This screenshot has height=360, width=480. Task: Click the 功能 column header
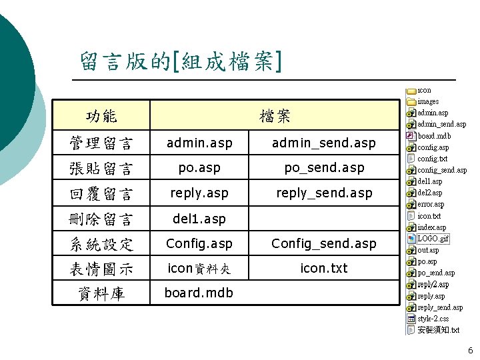[101, 116]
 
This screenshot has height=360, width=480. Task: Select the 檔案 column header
[275, 116]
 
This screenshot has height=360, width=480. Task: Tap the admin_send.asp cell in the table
[324, 143]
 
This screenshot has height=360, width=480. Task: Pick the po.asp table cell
[199, 168]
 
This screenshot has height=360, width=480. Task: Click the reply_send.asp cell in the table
[324, 193]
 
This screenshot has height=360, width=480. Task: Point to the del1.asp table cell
[199, 219]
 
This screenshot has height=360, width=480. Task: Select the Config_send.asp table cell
[324, 243]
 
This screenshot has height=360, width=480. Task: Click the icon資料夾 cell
[199, 269]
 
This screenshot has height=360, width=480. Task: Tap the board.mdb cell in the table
[199, 293]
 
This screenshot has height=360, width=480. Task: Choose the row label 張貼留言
[101, 168]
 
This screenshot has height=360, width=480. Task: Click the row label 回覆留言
[101, 193]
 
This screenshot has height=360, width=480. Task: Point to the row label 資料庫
[101, 293]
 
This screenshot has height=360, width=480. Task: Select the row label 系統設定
[101, 244]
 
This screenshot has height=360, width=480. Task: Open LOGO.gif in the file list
[433, 239]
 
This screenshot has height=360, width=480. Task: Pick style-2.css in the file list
[433, 319]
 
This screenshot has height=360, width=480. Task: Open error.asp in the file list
[430, 204]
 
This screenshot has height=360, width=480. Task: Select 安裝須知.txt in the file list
[438, 330]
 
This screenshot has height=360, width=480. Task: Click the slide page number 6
[470, 351]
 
